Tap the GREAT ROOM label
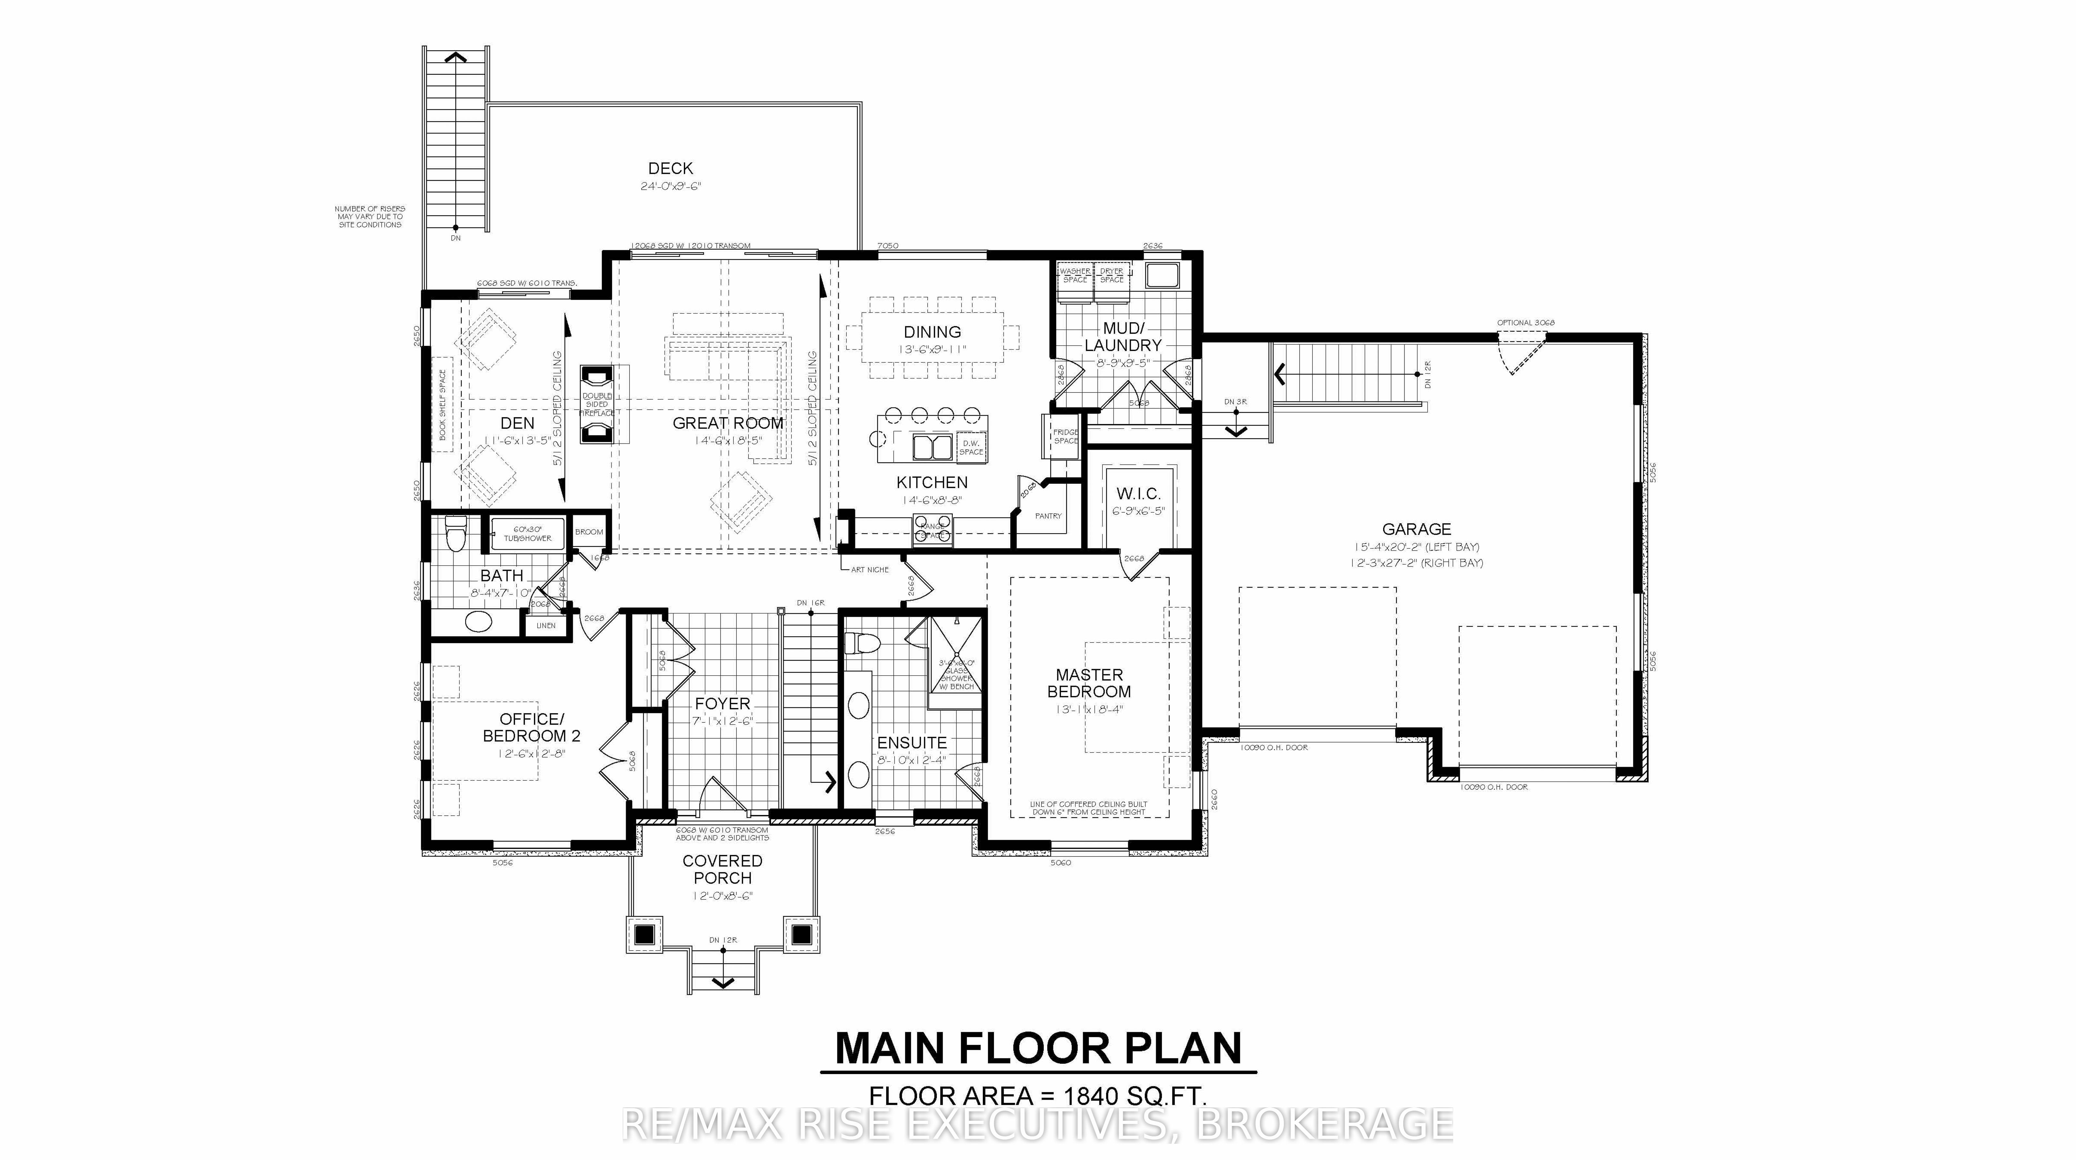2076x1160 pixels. coord(728,423)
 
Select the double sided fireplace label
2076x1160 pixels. coord(597,405)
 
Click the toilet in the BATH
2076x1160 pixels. coord(455,534)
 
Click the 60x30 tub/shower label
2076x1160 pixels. coord(528,534)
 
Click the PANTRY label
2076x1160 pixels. coord(1048,516)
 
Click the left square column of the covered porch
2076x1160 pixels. coord(644,934)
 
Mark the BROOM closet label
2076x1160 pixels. coord(589,532)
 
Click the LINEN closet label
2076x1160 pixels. coord(546,626)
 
